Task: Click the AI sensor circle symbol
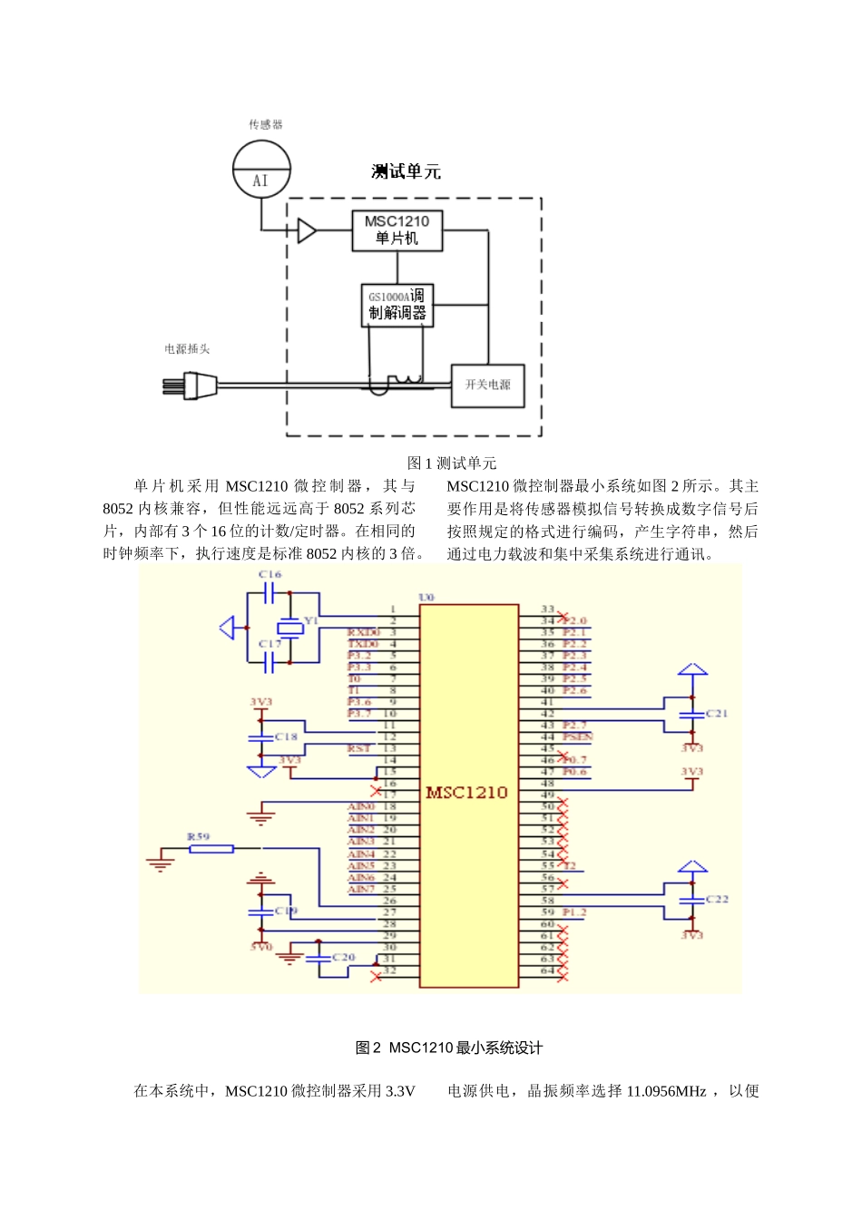pos(261,170)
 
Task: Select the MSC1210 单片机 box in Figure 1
pos(397,230)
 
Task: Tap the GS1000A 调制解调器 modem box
pos(397,305)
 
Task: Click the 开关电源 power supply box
pos(487,385)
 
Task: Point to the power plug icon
pos(190,386)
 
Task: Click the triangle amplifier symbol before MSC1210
pos(307,231)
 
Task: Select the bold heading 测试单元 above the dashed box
pos(406,171)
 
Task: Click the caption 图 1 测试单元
pos(451,463)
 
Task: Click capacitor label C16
pos(269,575)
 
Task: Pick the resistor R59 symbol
pos(211,849)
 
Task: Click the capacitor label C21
pos(717,714)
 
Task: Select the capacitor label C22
pos(717,899)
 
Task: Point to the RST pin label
pos(358,748)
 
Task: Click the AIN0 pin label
pos(360,806)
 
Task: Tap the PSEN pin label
pos(577,736)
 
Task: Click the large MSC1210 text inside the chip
pos(466,793)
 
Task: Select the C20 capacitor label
pos(343,957)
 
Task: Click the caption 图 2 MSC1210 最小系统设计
pos(449,1048)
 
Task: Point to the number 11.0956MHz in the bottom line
pos(661,1091)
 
